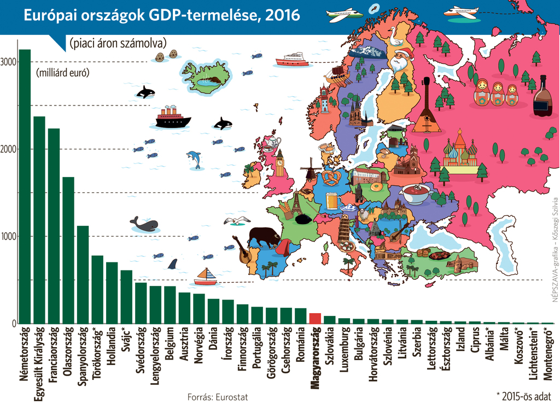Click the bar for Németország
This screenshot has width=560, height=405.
pos(25,186)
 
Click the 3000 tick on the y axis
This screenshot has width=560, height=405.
pos(8,62)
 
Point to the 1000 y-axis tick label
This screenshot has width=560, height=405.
pos(8,237)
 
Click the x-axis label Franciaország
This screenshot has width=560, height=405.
pos(54,350)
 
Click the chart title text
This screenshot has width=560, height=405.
pos(161,15)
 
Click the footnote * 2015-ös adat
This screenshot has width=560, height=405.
pos(523,395)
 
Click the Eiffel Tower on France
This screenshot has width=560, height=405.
pos(296,202)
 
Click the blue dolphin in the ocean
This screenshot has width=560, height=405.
pos(194,159)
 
